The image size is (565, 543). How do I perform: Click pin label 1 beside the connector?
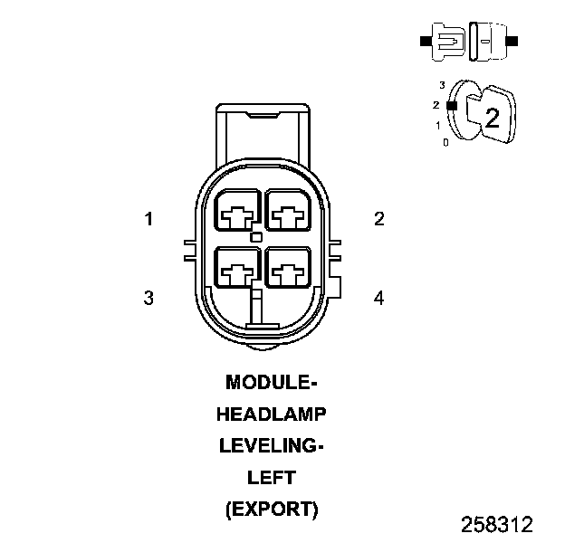pyautogui.click(x=147, y=218)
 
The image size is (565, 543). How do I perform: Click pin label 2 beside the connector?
pyautogui.click(x=379, y=218)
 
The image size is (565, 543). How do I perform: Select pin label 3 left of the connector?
pyautogui.click(x=148, y=298)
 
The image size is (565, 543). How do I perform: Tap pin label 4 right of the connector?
pyautogui.click(x=379, y=298)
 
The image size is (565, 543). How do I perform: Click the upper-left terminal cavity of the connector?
pyautogui.click(x=237, y=213)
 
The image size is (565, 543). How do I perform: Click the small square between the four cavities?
pyautogui.click(x=256, y=237)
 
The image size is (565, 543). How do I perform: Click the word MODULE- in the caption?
pyautogui.click(x=272, y=382)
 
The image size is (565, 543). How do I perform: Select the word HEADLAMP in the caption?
pyautogui.click(x=272, y=414)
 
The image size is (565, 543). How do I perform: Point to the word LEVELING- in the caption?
pyautogui.click(x=272, y=445)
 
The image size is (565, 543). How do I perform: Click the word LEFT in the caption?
pyautogui.click(x=272, y=477)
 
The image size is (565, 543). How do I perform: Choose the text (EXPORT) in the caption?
pyautogui.click(x=272, y=509)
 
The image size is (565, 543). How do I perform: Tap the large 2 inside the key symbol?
pyautogui.click(x=492, y=117)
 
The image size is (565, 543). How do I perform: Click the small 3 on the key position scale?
pyautogui.click(x=441, y=84)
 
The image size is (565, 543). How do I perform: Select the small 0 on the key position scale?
pyautogui.click(x=445, y=143)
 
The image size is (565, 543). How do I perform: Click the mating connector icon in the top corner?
pyautogui.click(x=470, y=42)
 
